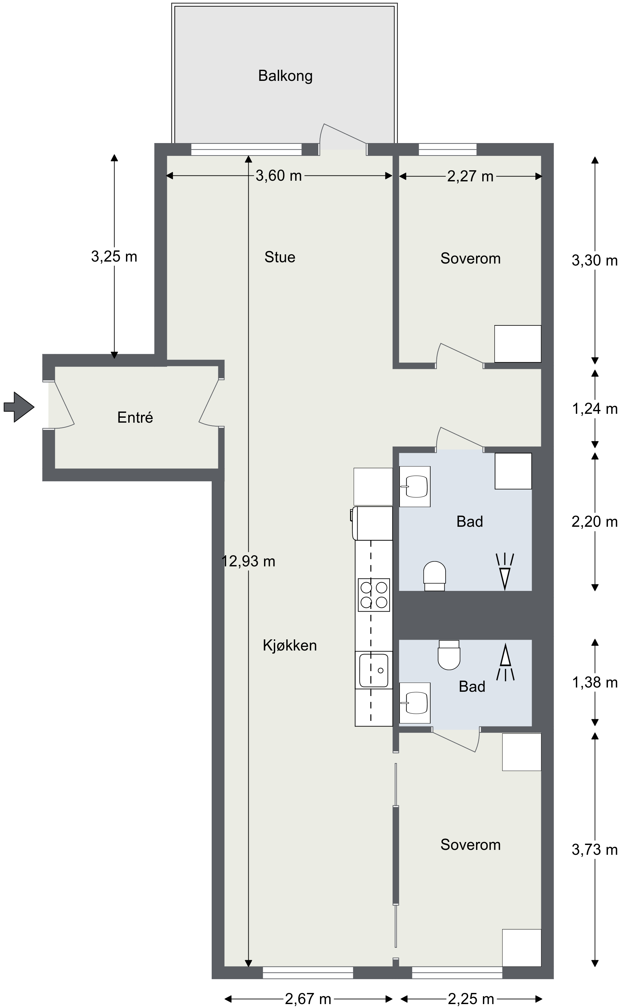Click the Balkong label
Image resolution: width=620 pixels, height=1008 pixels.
(285, 76)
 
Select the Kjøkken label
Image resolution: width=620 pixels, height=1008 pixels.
(290, 645)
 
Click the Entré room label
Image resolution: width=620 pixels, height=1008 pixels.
(135, 417)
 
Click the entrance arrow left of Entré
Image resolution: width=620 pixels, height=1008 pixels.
(19, 407)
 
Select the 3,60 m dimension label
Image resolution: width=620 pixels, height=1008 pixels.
(278, 176)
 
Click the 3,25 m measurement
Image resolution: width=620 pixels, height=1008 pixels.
(114, 257)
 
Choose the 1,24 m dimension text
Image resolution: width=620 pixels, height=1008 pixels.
(594, 409)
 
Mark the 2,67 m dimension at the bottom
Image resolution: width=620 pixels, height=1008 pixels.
(308, 999)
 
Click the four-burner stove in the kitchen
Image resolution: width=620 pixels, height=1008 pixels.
(374, 595)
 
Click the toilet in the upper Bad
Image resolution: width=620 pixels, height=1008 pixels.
(434, 576)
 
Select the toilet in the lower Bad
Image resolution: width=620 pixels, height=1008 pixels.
(449, 655)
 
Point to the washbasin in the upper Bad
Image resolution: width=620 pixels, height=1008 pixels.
(415, 486)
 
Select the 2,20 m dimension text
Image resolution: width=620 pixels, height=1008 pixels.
(594, 522)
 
